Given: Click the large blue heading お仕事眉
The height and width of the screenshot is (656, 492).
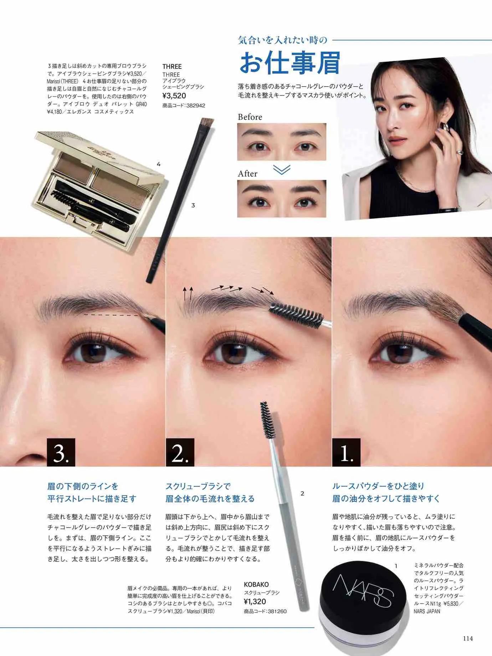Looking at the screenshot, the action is [x=289, y=63].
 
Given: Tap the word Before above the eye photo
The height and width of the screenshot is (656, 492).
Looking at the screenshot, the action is [x=250, y=117].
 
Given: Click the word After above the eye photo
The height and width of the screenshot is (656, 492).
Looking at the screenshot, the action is [x=248, y=174].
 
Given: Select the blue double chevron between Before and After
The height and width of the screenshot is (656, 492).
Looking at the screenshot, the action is [x=282, y=169].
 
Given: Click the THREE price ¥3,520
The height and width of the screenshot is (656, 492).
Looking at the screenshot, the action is [x=174, y=96].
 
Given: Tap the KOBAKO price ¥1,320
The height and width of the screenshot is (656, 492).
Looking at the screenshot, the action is [x=255, y=602].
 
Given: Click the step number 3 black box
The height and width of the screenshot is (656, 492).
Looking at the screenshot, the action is [x=61, y=452].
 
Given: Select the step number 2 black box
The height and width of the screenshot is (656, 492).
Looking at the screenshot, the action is [x=180, y=452].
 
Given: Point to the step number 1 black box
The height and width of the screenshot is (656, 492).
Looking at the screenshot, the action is [x=346, y=452].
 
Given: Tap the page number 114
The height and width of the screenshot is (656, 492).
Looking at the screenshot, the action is [x=468, y=638].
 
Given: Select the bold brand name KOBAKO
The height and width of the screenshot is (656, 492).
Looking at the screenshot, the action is [x=256, y=584].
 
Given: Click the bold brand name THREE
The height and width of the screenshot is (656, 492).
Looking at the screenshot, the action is [x=172, y=66].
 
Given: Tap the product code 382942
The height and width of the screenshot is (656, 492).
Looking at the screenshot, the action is [x=194, y=106].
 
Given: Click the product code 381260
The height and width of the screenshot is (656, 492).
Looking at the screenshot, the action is [x=275, y=611].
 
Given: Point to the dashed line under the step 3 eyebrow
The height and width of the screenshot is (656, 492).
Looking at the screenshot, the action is [x=111, y=316].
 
